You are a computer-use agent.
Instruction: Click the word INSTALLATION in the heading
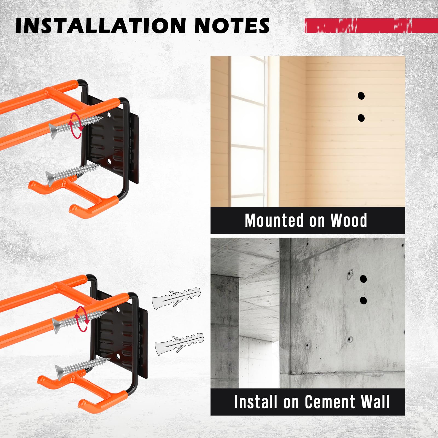click(x=101, y=26)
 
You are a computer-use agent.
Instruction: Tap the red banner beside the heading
click(x=371, y=26)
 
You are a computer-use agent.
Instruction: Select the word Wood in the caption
click(x=349, y=220)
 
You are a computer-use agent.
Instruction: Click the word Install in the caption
click(x=256, y=402)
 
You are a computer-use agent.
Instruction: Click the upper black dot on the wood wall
click(x=361, y=96)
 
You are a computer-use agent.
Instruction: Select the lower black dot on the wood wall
click(x=361, y=118)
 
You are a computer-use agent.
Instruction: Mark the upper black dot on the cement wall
click(x=363, y=279)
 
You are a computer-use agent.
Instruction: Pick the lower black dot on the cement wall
click(x=363, y=301)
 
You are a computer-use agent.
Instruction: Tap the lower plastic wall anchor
click(x=180, y=344)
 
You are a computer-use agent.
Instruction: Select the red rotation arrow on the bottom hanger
click(x=82, y=319)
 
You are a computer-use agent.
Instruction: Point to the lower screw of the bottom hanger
click(x=82, y=367)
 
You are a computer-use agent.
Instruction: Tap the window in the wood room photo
click(x=248, y=131)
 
